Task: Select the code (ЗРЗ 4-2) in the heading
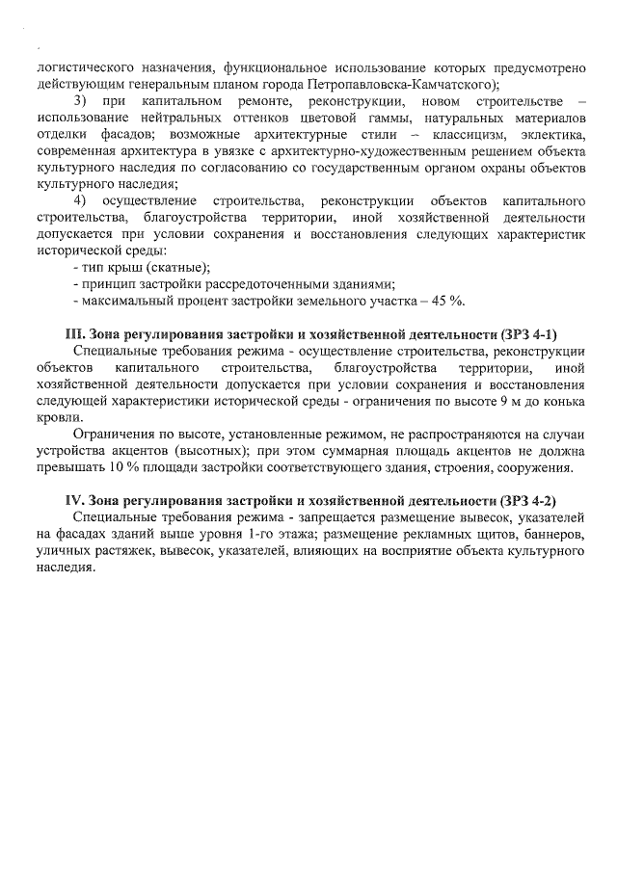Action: coord(528,501)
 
